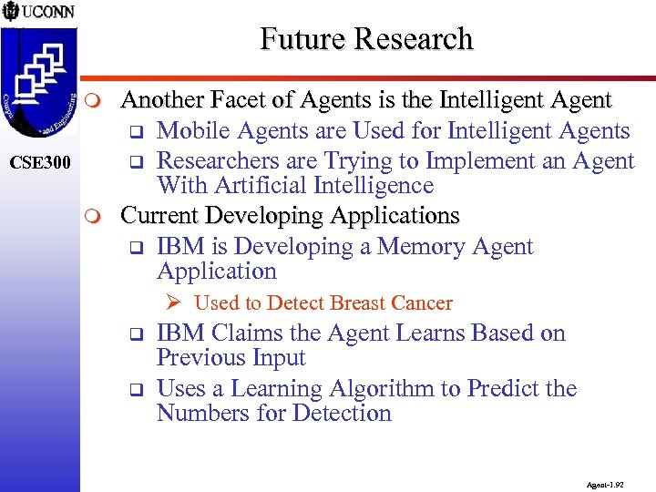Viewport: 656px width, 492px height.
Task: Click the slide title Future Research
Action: [366, 39]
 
